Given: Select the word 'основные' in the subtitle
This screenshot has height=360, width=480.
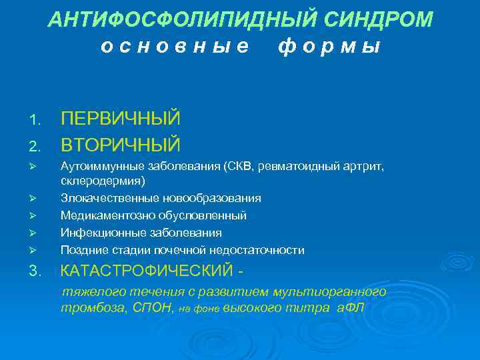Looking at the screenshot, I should (175, 46).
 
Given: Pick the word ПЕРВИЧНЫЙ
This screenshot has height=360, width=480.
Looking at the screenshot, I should (121, 119).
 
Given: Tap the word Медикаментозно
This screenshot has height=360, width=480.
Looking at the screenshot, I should (103, 215).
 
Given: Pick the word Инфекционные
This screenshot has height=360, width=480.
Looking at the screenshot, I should (97, 233).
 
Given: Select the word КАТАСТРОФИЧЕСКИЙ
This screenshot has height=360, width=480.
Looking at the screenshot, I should (147, 271).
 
